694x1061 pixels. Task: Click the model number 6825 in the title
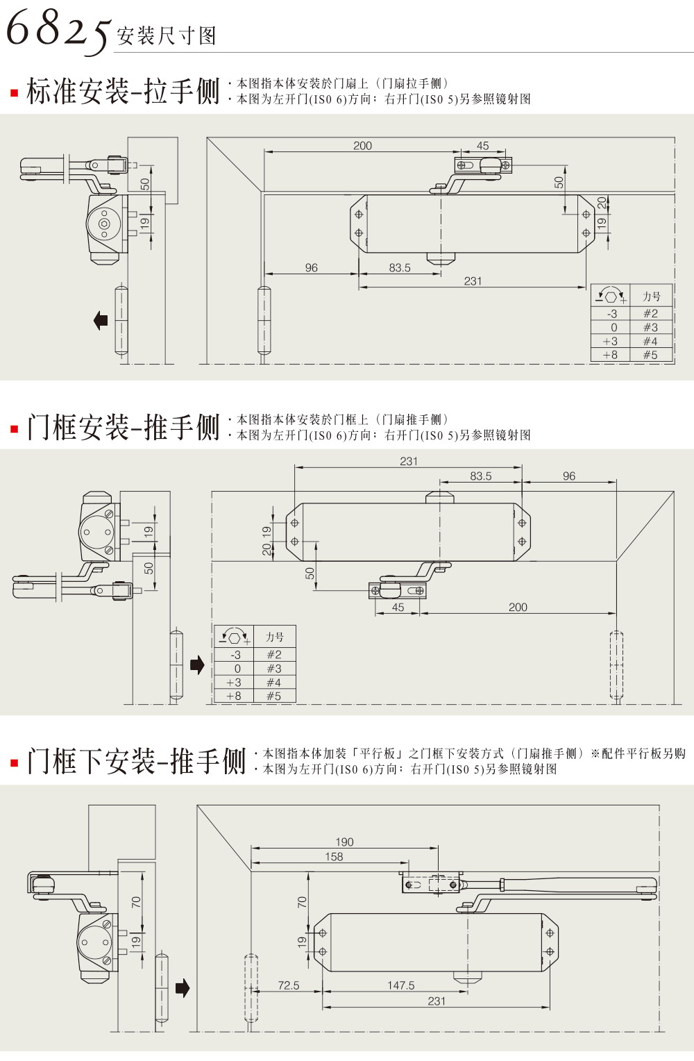[57, 29]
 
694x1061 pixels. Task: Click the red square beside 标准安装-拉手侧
[14, 93]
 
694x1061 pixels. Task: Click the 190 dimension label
[344, 842]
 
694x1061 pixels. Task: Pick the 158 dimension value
[334, 857]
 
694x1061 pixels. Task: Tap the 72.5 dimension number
[288, 985]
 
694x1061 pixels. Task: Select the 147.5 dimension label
[400, 985]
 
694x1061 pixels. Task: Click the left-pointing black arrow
[101, 320]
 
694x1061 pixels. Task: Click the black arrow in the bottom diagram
[183, 987]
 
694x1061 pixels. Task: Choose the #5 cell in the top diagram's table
[650, 355]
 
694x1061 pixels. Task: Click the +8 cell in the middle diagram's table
[234, 696]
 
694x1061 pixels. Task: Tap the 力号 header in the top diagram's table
[651, 296]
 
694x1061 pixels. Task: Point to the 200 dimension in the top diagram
[362, 146]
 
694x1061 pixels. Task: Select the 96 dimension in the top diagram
[311, 267]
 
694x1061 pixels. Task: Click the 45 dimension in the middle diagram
[398, 607]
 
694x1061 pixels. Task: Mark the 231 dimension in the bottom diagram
[437, 1001]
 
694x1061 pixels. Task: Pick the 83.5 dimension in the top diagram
[400, 267]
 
